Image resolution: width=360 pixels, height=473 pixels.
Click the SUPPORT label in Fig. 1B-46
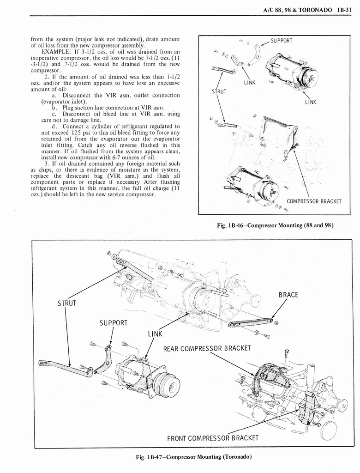click(281, 41)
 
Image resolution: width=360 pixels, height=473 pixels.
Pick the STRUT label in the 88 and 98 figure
click(219, 91)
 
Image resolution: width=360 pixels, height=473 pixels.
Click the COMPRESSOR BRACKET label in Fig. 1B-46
click(314, 201)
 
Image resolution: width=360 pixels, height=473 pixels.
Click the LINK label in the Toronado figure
click(156, 334)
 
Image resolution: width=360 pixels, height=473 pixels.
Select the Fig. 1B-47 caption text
click(193, 457)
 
